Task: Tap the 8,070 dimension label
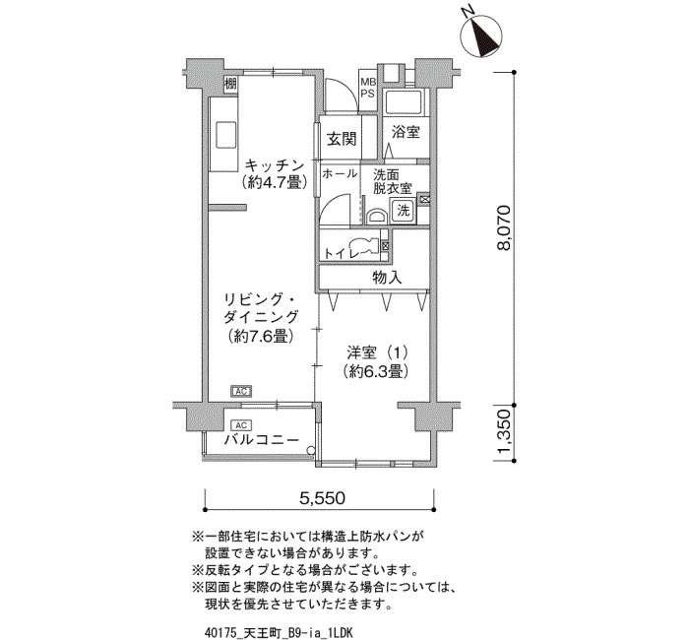tap(504, 227)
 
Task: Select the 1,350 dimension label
tap(504, 433)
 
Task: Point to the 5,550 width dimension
tap(322, 498)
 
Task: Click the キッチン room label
tap(275, 165)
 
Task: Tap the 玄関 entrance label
tap(342, 139)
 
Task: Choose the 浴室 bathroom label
tap(406, 131)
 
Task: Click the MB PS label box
tap(368, 88)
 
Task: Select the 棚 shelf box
tap(230, 83)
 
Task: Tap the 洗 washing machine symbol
tap(403, 210)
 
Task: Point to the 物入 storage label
tap(387, 278)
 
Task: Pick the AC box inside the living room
tap(241, 391)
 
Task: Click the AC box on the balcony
tap(241, 425)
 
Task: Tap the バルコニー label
tap(262, 439)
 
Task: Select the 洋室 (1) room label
tap(377, 352)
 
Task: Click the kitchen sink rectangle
tap(226, 135)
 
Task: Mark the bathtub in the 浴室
tap(404, 102)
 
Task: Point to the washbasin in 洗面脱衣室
tap(376, 217)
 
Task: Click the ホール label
tap(340, 173)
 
